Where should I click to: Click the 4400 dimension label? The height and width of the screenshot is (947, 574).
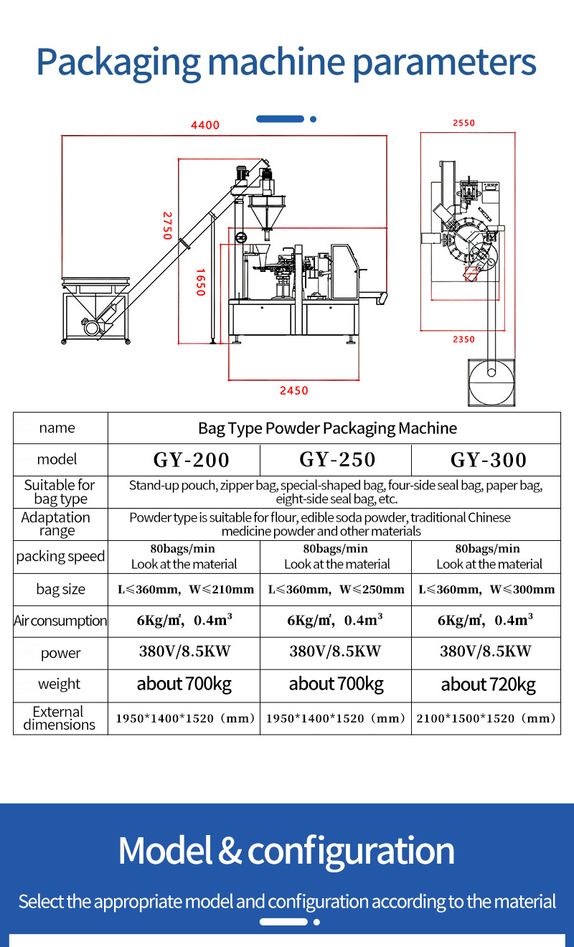pos(205,126)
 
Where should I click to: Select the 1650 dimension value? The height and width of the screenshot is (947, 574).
pos(201,282)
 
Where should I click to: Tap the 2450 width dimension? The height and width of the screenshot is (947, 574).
pos(293,391)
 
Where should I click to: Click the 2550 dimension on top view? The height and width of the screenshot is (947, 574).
pos(464,123)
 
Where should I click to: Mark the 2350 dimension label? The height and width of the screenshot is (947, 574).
pos(464,339)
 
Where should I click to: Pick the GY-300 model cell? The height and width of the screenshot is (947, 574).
pos(489,460)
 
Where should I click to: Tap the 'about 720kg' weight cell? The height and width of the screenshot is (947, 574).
pos(489,685)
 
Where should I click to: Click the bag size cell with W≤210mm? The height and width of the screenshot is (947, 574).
pos(186,590)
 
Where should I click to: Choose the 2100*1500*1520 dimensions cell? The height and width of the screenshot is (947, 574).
pos(488,718)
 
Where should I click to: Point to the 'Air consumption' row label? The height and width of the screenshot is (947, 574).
pos(60,621)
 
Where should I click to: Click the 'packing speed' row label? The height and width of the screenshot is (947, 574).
pos(60,557)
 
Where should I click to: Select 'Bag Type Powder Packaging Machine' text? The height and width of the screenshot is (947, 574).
pos(327,428)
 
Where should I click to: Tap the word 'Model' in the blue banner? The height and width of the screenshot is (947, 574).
pos(164,851)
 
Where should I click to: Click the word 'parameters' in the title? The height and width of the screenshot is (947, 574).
pos(444,62)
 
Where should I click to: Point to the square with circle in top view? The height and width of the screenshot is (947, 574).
pos(492,380)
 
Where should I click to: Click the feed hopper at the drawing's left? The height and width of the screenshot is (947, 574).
pos(96,286)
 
